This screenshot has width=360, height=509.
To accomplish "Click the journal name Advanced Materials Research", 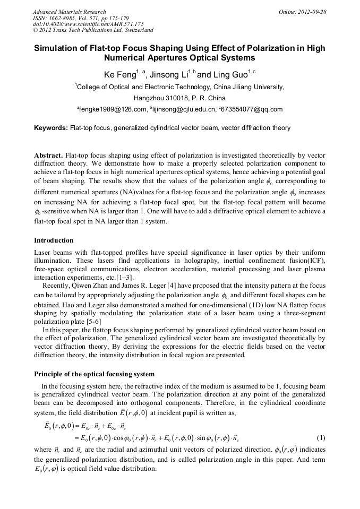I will (x=69, y=12).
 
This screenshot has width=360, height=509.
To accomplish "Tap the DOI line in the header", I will (x=88, y=24).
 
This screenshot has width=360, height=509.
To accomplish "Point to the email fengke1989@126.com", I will (x=113, y=109).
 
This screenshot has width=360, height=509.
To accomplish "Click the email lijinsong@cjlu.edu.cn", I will (x=186, y=109).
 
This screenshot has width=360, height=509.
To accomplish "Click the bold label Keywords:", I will (x=51, y=128).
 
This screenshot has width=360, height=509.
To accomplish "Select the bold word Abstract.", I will (x=48, y=154).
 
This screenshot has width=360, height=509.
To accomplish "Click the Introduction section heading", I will (x=54, y=240).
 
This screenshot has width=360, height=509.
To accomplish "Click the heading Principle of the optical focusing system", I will (x=94, y=374).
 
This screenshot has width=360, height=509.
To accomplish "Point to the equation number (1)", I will (x=321, y=438).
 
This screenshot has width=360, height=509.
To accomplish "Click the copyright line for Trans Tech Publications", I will (x=93, y=31).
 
